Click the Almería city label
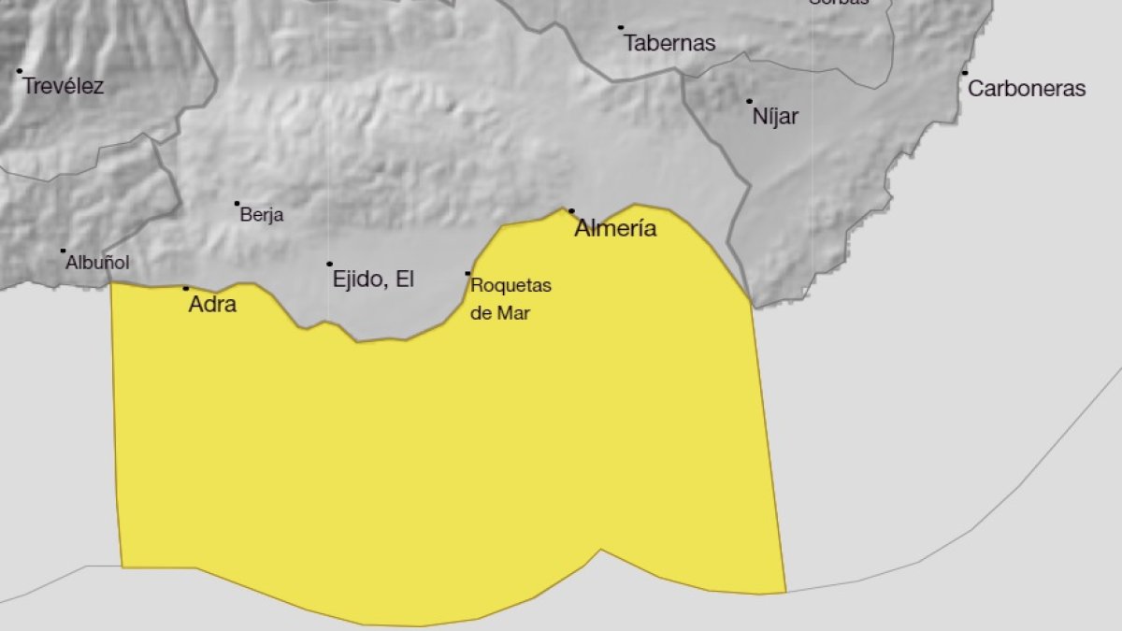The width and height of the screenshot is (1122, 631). point(615,228)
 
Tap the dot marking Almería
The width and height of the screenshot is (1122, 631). point(571,211)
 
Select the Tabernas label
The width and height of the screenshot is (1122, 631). point(669,43)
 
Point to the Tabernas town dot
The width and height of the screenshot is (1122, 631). point(621,28)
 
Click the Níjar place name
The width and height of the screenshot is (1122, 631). point(775,118)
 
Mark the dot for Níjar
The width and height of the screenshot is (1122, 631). point(749,101)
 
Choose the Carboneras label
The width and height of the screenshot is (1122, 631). point(1027,89)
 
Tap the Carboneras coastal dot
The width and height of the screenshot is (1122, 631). point(965,73)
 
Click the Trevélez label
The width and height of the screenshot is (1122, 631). point(64,87)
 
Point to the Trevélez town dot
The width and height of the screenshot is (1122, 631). point(19,71)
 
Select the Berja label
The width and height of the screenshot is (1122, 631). point(262,215)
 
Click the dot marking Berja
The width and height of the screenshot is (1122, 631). point(237,203)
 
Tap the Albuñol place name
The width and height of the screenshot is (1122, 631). point(97,264)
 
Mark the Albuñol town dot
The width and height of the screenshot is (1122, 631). point(64,251)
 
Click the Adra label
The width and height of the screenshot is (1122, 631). point(212,304)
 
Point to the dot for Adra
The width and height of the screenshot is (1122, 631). point(186,288)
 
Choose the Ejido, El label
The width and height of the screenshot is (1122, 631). point(373,279)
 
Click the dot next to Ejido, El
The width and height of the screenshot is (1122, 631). point(329,264)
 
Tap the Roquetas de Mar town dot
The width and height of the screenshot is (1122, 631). point(468,274)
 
